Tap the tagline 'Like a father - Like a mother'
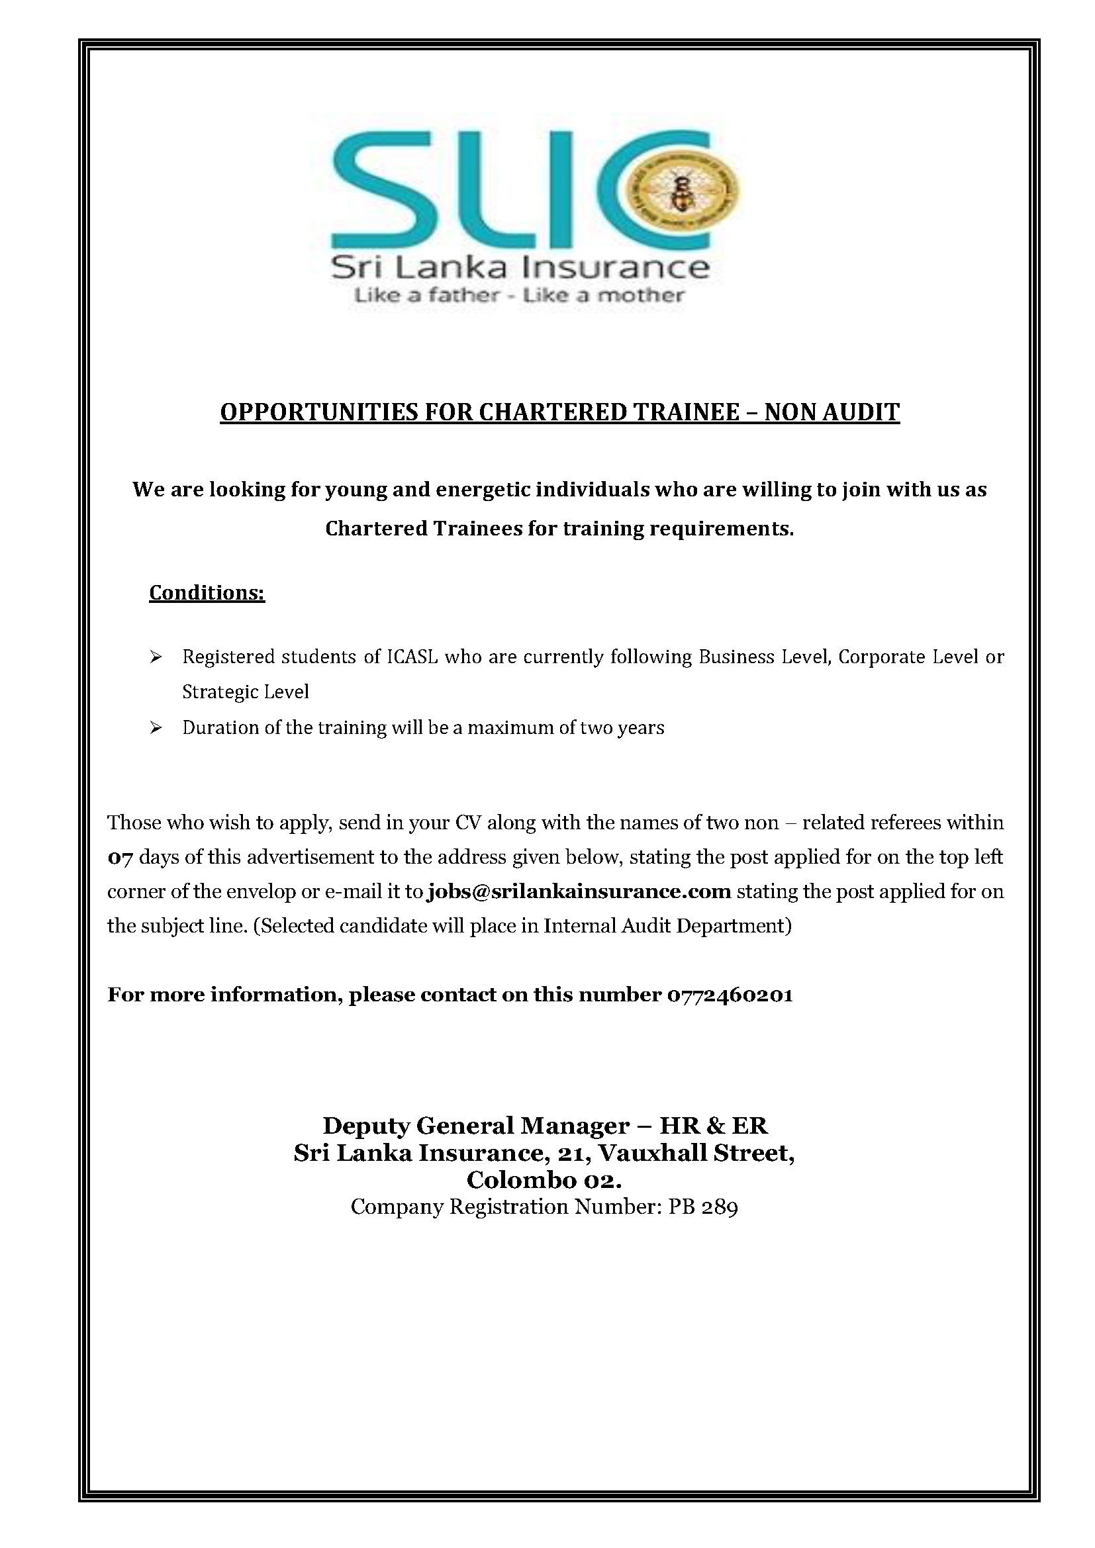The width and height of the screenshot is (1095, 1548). [x=518, y=295]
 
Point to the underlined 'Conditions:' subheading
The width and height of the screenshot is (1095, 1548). [x=207, y=592]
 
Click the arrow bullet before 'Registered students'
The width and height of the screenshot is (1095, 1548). [x=156, y=657]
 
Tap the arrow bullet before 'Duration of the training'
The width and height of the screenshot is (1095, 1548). [x=156, y=728]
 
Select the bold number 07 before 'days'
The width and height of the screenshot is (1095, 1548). [x=120, y=858]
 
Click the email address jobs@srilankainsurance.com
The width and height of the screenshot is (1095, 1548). [x=579, y=891]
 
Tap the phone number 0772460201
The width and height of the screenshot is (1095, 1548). [x=730, y=995]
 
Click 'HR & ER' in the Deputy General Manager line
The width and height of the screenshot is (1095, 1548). [x=714, y=1125]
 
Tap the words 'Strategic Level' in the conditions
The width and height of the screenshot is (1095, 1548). [x=246, y=692]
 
